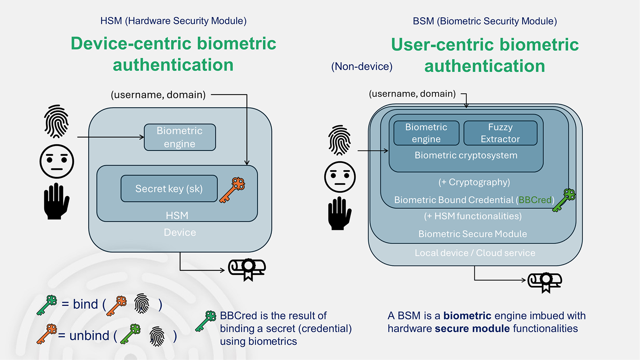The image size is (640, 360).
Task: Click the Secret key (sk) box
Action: (x=169, y=189)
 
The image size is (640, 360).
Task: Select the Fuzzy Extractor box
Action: (x=500, y=133)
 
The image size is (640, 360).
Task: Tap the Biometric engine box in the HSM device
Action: (x=180, y=137)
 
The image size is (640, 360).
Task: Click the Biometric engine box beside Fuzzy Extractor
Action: (x=426, y=133)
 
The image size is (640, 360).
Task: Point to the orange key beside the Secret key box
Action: (x=232, y=190)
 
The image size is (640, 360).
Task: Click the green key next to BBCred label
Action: (x=564, y=200)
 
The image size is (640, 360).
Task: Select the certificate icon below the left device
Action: (x=247, y=269)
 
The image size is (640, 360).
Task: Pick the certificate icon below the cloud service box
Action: (x=545, y=282)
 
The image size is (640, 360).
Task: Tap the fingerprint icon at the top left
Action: (x=57, y=121)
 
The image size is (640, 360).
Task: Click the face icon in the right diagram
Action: (x=340, y=177)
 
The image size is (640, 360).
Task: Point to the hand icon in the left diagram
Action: (x=56, y=201)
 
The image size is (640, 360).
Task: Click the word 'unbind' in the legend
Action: (x=89, y=336)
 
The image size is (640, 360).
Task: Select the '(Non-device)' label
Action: (x=362, y=67)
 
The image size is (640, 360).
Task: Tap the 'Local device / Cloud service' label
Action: (x=475, y=253)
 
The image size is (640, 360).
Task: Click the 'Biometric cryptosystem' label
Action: (x=466, y=156)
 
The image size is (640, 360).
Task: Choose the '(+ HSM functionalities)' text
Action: (x=473, y=216)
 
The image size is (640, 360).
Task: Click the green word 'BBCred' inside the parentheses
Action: (x=535, y=200)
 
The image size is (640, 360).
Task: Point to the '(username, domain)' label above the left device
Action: (x=158, y=95)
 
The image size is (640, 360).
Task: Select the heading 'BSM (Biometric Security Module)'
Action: (x=484, y=21)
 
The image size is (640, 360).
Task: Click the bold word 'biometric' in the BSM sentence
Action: (x=467, y=316)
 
